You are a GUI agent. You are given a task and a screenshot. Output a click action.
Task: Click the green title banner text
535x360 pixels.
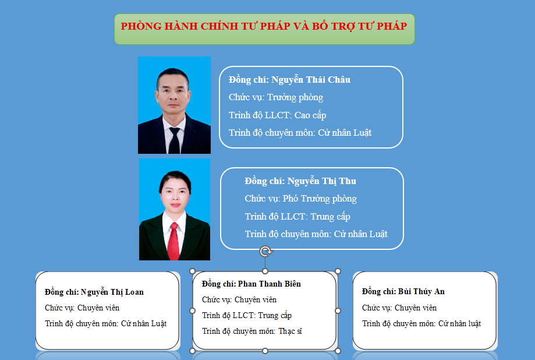coord(264,26)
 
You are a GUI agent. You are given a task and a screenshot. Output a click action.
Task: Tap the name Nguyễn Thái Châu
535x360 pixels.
coord(310,80)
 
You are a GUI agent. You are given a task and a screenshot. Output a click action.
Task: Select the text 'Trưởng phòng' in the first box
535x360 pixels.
coord(295,97)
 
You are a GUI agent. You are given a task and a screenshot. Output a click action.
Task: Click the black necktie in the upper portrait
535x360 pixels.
coord(174,140)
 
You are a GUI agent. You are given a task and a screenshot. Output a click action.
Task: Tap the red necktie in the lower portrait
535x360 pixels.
coord(173,241)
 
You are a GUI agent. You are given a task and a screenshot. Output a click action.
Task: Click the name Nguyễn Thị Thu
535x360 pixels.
coord(322,181)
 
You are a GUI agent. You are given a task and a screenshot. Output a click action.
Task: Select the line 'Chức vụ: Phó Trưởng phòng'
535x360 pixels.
coord(300,199)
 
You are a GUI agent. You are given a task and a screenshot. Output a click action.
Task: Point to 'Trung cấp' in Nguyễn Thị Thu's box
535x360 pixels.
coord(330,217)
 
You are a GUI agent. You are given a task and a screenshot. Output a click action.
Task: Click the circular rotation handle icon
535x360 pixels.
coord(265,252)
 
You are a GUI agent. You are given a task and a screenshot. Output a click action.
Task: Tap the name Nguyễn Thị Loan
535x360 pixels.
coord(112,292)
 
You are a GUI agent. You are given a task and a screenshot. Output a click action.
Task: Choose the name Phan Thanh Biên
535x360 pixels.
coord(269,284)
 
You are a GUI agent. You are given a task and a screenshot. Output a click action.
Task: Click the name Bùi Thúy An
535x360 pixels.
coord(421,291)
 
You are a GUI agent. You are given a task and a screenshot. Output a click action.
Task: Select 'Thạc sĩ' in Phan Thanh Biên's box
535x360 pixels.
coord(290,331)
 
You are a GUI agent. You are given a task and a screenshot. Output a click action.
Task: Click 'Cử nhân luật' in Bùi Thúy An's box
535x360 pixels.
coord(459,323)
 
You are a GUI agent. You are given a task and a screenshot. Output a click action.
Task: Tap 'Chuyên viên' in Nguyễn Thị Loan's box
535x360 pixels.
coord(98,308)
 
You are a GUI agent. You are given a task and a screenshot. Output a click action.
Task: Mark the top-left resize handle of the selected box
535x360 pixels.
coord(193,271)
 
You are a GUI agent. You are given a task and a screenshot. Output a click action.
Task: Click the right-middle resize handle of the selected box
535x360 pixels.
coord(338,311)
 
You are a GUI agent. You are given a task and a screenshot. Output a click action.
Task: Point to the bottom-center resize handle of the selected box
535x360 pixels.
coord(265,351)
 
